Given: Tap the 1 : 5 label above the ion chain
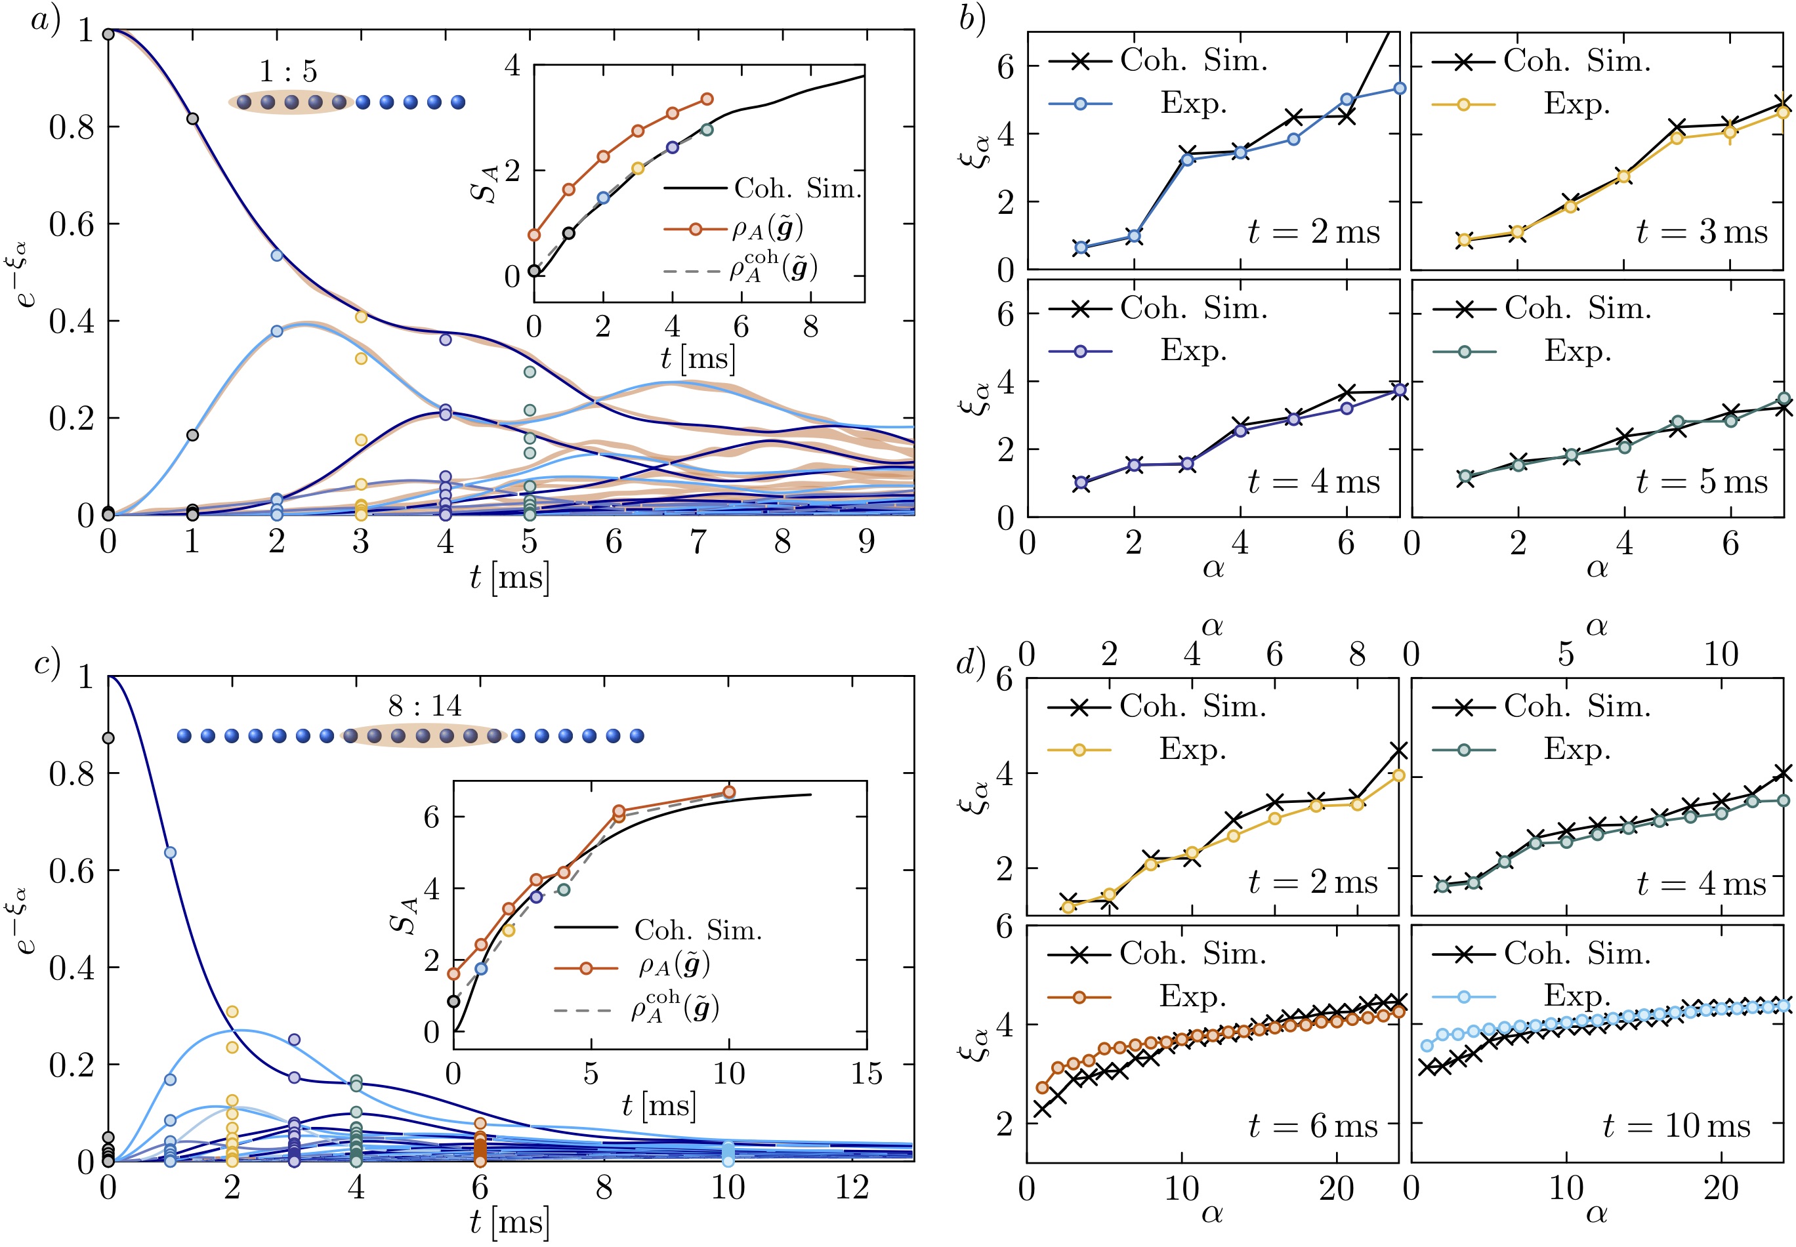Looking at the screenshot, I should pyautogui.click(x=288, y=72).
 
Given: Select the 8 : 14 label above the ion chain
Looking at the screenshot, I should pyautogui.click(x=425, y=706).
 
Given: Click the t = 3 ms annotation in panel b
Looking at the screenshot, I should pyautogui.click(x=1701, y=232).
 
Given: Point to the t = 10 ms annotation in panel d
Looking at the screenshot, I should pyautogui.click(x=1677, y=1126).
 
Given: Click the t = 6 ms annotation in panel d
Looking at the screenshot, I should pyautogui.click(x=1313, y=1126).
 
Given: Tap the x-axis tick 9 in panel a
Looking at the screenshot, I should pyautogui.click(x=866, y=541).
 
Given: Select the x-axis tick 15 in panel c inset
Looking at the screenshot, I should pyautogui.click(x=866, y=1074).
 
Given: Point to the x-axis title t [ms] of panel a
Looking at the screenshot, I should pyautogui.click(x=510, y=578).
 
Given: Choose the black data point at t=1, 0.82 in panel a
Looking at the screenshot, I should pyautogui.click(x=192, y=119).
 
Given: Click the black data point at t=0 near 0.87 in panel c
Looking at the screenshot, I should pyautogui.click(x=109, y=737).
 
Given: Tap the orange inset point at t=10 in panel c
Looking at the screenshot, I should pyautogui.click(x=728, y=792).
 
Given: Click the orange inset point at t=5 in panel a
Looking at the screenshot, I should pyautogui.click(x=707, y=99).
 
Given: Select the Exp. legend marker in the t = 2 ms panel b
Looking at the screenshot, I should pyautogui.click(x=1081, y=103).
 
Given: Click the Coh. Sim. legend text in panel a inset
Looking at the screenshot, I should pyautogui.click(x=797, y=188).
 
